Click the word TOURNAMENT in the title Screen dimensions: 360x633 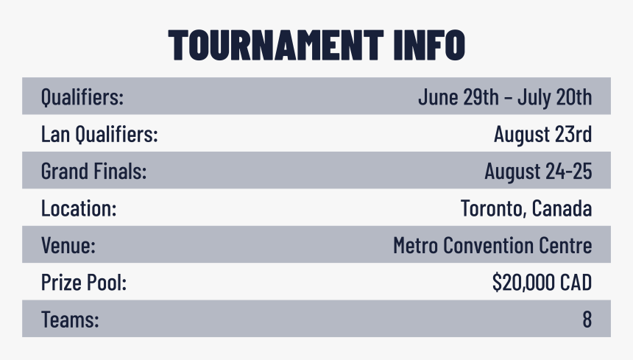pyautogui.click(x=274, y=45)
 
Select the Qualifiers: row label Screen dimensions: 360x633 pyautogui.click(x=82, y=96)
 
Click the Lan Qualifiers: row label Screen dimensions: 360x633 pyautogui.click(x=99, y=135)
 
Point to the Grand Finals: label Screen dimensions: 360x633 pyautogui.click(x=94, y=172)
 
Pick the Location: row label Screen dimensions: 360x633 pyautogui.click(x=79, y=208)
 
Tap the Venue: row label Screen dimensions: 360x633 pyautogui.click(x=68, y=245)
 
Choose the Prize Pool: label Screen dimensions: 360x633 pyautogui.click(x=84, y=283)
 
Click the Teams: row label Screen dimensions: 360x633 pyautogui.click(x=70, y=320)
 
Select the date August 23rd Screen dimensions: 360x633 pyautogui.click(x=542, y=135)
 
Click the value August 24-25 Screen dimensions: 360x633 pyautogui.click(x=538, y=172)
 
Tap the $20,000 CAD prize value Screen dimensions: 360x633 pyautogui.click(x=542, y=283)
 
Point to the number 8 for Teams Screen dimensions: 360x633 pyautogui.click(x=587, y=320)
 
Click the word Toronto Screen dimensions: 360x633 pyautogui.click(x=492, y=208)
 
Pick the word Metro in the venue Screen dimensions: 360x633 pyautogui.click(x=416, y=245)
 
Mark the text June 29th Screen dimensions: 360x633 pyautogui.click(x=453, y=96)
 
